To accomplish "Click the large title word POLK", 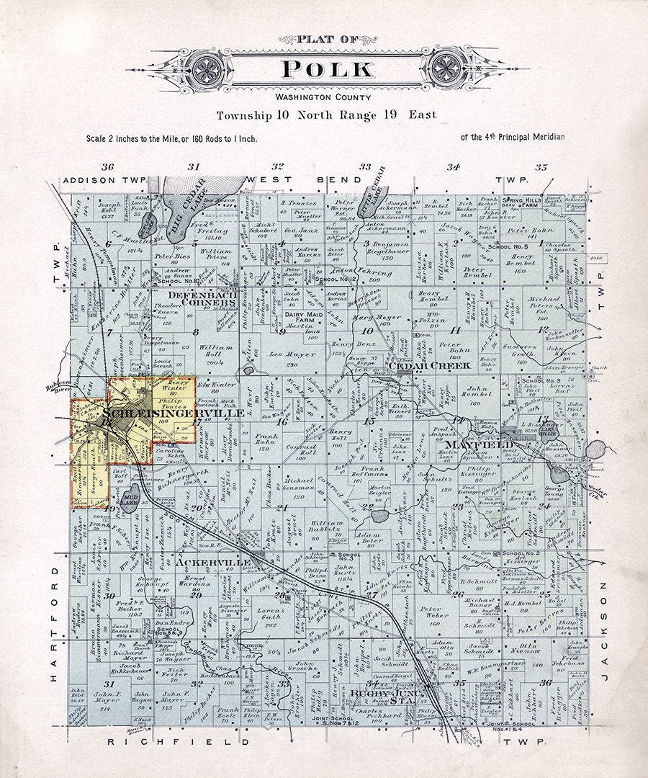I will point(328,69).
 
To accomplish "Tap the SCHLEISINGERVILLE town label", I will point(173,413).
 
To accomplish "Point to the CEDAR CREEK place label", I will point(430,366).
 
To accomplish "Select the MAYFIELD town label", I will point(479,444).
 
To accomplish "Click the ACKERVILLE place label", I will point(213,561).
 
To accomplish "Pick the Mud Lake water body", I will point(129,502).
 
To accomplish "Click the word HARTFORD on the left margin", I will point(55,624).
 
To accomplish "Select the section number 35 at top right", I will point(541,167).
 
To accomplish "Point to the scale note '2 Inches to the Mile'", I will point(171,138).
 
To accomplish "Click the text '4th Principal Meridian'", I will point(513,137).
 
